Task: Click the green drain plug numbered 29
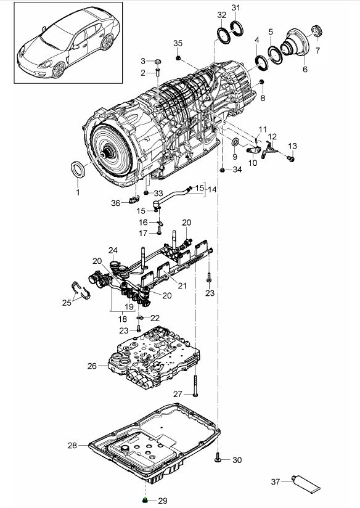[x=145, y=501]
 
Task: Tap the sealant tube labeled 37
[x=306, y=483]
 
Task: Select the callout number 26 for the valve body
[x=92, y=366]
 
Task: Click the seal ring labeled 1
[x=78, y=169]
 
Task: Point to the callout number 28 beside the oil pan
[x=72, y=446]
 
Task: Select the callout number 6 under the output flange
[x=305, y=69]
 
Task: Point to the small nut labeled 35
[x=178, y=58]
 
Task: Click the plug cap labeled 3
[x=158, y=62]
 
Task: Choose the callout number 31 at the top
[x=236, y=7]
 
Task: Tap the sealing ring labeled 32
[x=224, y=35]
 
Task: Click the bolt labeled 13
[x=291, y=159]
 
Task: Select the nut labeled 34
[x=223, y=170]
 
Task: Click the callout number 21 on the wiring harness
[x=182, y=285]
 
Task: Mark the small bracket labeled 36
[x=134, y=200]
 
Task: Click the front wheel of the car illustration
[x=59, y=70]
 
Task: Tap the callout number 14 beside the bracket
[x=212, y=189]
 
